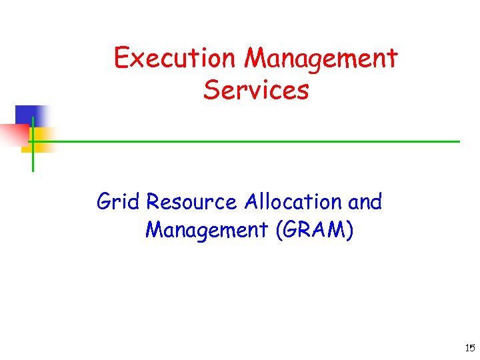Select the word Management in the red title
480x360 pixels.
pyautogui.click(x=321, y=59)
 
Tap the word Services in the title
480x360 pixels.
pyautogui.click(x=256, y=89)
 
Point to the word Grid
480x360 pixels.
pyautogui.click(x=118, y=201)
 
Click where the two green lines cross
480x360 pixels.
pyautogui.click(x=33, y=141)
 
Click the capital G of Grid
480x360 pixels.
pyautogui.click(x=105, y=201)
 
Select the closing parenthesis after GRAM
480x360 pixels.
pyautogui.click(x=351, y=231)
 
